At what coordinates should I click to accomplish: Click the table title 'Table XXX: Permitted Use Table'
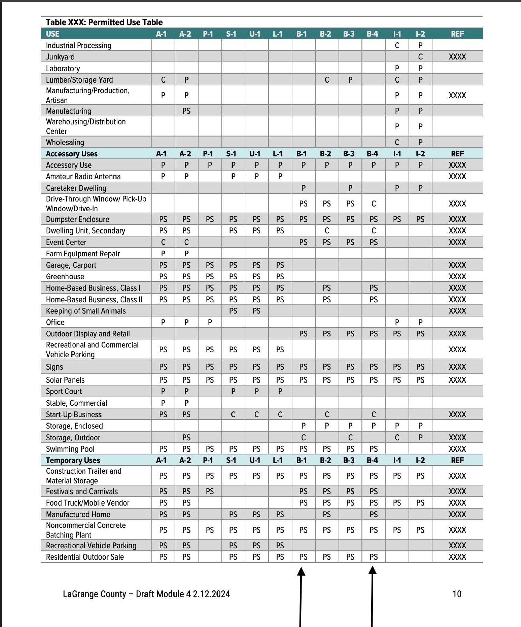(104, 22)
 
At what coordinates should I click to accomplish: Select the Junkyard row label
(60, 57)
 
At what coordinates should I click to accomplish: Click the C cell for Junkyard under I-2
(420, 57)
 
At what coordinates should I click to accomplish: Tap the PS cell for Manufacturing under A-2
(186, 111)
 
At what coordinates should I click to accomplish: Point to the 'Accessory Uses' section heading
(71, 154)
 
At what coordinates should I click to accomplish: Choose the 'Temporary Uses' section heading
(73, 460)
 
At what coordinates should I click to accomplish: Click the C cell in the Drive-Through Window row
(374, 204)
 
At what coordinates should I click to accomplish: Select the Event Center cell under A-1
(163, 242)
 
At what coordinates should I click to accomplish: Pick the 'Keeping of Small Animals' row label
(86, 311)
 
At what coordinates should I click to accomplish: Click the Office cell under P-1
(210, 322)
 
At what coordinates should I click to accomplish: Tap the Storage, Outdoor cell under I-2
(420, 438)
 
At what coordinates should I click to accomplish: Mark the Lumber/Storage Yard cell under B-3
(350, 80)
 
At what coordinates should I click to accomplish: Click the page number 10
(457, 594)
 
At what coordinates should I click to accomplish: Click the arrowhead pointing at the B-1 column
(301, 571)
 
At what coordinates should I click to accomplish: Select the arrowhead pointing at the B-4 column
(372, 570)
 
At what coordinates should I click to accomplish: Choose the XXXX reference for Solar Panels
(457, 380)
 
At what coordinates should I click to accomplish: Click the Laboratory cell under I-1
(397, 68)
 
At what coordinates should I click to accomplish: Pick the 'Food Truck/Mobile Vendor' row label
(88, 503)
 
